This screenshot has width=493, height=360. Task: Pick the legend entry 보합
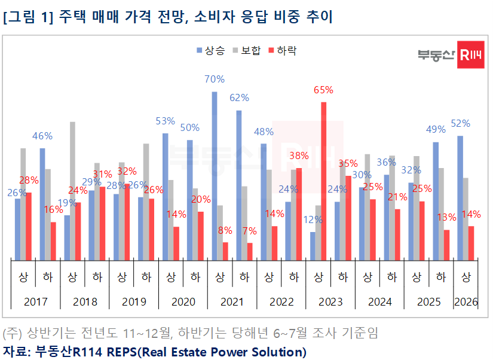point(247,51)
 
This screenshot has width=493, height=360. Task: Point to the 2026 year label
point(466,302)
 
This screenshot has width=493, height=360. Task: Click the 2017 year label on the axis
point(36,302)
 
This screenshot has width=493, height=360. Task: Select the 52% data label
point(460,123)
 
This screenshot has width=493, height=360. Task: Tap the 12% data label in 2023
point(313,219)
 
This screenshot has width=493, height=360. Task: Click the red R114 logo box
point(470,55)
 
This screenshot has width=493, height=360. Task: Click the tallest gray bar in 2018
point(72,191)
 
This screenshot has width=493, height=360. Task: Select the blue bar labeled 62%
point(239,185)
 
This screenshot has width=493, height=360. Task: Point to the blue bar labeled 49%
point(436,201)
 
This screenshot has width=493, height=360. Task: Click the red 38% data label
point(298,156)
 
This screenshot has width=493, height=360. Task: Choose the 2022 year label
point(281,302)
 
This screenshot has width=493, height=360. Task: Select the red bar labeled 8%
point(225,251)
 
